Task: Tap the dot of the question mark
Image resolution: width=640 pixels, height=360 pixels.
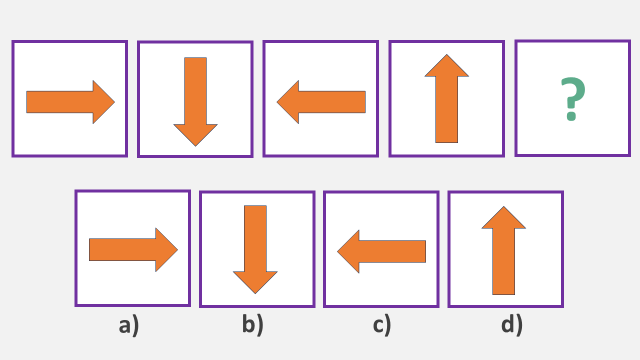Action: tap(571, 118)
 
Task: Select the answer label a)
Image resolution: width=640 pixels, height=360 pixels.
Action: tap(129, 325)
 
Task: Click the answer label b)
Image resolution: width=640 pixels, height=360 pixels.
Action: tap(252, 325)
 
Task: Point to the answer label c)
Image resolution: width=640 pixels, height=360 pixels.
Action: tap(381, 325)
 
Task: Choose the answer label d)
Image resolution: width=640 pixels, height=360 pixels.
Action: tap(511, 325)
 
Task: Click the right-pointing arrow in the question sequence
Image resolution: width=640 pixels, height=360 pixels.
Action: tap(70, 102)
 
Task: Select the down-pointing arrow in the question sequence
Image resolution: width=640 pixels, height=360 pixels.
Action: tap(195, 100)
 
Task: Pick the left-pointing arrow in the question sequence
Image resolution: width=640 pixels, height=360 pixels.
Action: tap(321, 102)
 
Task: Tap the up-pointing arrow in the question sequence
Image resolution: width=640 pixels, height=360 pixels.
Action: tap(446, 100)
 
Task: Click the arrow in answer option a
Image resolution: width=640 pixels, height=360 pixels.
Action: tap(133, 249)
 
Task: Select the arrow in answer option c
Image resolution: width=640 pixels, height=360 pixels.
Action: tap(381, 251)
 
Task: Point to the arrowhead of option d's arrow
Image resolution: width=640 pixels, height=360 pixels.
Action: tap(503, 219)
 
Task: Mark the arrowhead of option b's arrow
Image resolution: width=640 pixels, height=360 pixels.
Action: tap(255, 281)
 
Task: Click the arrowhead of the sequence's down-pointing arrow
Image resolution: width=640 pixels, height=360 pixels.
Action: tap(195, 134)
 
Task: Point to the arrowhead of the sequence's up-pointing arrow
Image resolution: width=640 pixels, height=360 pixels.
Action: tap(446, 67)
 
